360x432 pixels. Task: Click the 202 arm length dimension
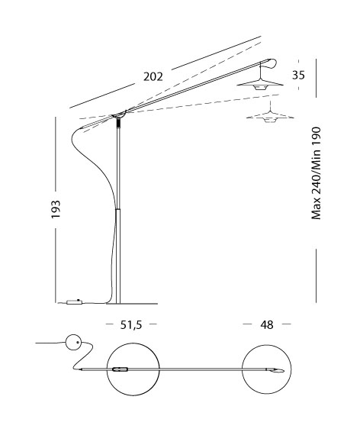[x=153, y=76]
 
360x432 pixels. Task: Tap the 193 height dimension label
[x=56, y=209]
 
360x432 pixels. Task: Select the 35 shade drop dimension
[x=298, y=76]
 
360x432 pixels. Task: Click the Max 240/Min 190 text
[x=317, y=173]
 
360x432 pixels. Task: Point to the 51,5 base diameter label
[x=131, y=325]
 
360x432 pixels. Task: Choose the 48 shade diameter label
[x=267, y=325]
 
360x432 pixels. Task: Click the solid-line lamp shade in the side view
[x=260, y=84]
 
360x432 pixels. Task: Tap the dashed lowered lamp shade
[x=270, y=115]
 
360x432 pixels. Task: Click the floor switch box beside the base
[x=74, y=301]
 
